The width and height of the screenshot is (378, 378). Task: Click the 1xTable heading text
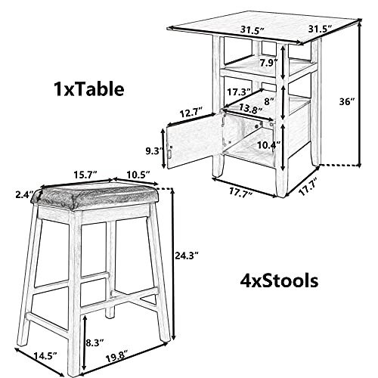click(x=88, y=89)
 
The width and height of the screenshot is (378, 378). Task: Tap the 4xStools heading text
click(x=279, y=281)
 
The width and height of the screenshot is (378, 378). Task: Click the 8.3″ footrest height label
click(x=94, y=342)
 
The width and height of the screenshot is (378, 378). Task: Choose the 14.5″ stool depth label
click(x=45, y=356)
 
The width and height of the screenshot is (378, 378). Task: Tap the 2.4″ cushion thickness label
click(x=24, y=194)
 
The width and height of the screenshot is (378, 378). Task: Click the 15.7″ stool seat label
click(x=85, y=174)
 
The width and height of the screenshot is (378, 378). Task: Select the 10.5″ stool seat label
click(x=138, y=174)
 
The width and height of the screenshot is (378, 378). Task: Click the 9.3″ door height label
click(x=153, y=151)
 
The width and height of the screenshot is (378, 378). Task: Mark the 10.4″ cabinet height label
click(x=269, y=145)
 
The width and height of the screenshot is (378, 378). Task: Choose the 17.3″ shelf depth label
click(x=239, y=91)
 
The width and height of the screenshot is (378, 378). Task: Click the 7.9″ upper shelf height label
click(x=269, y=63)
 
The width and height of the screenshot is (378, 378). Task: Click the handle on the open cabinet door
click(x=170, y=153)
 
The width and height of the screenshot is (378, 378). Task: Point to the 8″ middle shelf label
click(x=269, y=101)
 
